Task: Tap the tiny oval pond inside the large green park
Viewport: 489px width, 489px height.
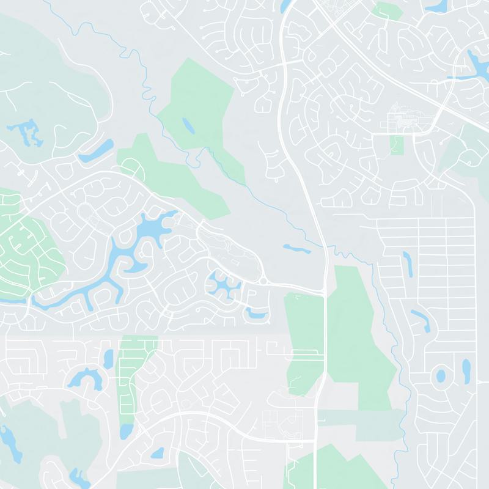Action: click(188, 127)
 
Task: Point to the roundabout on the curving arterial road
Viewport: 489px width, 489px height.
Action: click(263, 281)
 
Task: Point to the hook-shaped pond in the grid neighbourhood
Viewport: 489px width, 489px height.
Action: click(421, 318)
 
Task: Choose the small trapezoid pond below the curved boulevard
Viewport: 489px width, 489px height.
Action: click(157, 453)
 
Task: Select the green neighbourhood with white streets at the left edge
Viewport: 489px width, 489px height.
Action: click(24, 244)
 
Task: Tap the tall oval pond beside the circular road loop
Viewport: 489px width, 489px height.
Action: click(466, 369)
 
